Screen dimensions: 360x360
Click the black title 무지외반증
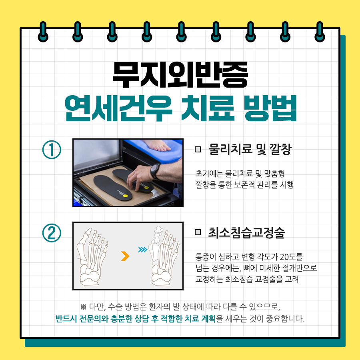[180, 75]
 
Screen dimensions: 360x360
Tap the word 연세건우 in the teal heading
[118, 108]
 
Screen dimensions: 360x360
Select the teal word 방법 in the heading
[270, 108]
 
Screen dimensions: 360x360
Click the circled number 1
[52, 150]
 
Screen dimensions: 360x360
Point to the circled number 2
[52, 233]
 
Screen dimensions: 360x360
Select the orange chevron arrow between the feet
[125, 256]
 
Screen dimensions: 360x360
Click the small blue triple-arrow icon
[143, 250]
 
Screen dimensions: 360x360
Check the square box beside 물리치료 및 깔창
[198, 150]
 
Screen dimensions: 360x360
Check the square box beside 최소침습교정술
[198, 232]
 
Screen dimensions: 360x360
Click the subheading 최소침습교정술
[246, 232]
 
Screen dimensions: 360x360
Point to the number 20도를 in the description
[292, 256]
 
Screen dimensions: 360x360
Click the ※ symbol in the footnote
[83, 307]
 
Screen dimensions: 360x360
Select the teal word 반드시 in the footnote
[66, 319]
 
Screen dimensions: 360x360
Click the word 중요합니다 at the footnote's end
[285, 319]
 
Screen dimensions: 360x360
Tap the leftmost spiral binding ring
[43, 32]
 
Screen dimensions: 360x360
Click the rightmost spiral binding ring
[320, 32]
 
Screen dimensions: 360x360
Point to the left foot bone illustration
[92, 256]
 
